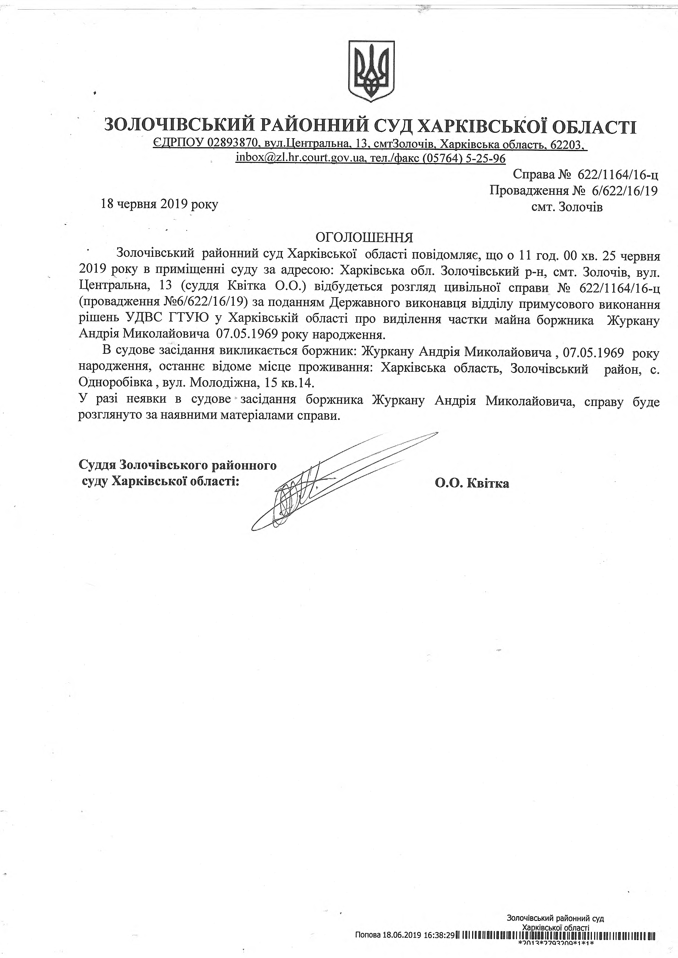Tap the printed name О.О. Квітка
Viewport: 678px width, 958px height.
coord(472,484)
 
